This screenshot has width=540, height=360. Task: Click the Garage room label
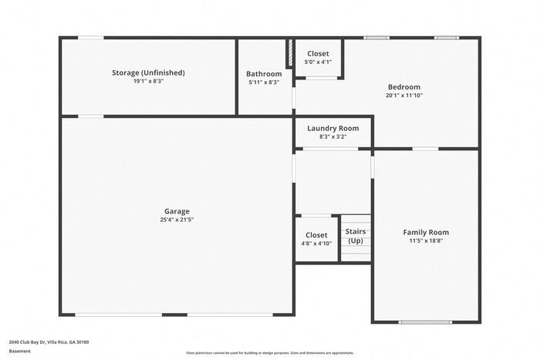point(177,211)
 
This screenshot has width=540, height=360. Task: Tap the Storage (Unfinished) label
point(148,72)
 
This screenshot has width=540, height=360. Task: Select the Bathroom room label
point(264,74)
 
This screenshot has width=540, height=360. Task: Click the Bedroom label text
point(403,87)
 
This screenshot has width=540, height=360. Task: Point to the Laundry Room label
point(332,128)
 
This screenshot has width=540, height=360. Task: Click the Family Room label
point(426,232)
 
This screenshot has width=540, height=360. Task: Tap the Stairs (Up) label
point(356,236)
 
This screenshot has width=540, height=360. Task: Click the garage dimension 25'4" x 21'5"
point(177,220)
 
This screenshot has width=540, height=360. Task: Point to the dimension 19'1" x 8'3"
point(148,81)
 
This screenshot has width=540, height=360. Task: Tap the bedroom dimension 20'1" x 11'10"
point(403,96)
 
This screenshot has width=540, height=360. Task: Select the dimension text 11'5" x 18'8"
point(426,241)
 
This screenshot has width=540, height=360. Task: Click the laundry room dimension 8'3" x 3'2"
point(332,136)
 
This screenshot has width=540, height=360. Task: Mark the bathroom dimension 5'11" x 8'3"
point(264,82)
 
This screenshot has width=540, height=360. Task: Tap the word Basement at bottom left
point(20,351)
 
